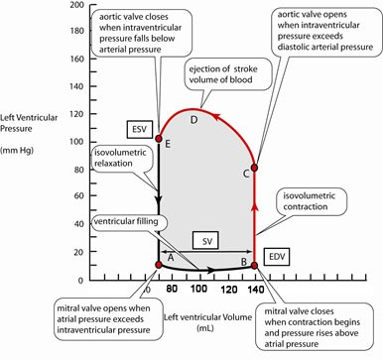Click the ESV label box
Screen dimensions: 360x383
[138, 129]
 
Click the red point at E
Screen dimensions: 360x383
[159, 139]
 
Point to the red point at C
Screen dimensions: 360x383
[255, 168]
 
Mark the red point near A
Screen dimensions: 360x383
[159, 264]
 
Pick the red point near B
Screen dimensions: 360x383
[255, 265]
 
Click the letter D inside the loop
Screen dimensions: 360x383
[194, 120]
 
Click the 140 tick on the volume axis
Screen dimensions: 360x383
[255, 289]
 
